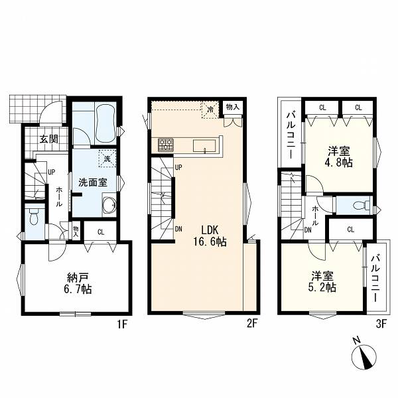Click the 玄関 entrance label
point(49,139)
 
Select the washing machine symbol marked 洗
point(107,159)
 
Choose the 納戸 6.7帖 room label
point(79,283)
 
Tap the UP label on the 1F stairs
point(52,172)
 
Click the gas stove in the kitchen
point(165,145)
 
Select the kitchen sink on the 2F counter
point(204,146)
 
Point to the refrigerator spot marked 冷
point(210,109)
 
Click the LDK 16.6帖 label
point(210,236)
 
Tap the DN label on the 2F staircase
point(178,230)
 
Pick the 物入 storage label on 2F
point(233,107)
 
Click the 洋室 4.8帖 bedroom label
point(340,157)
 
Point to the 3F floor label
point(381,324)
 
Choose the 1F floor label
point(121,324)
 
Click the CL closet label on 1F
point(101,232)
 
